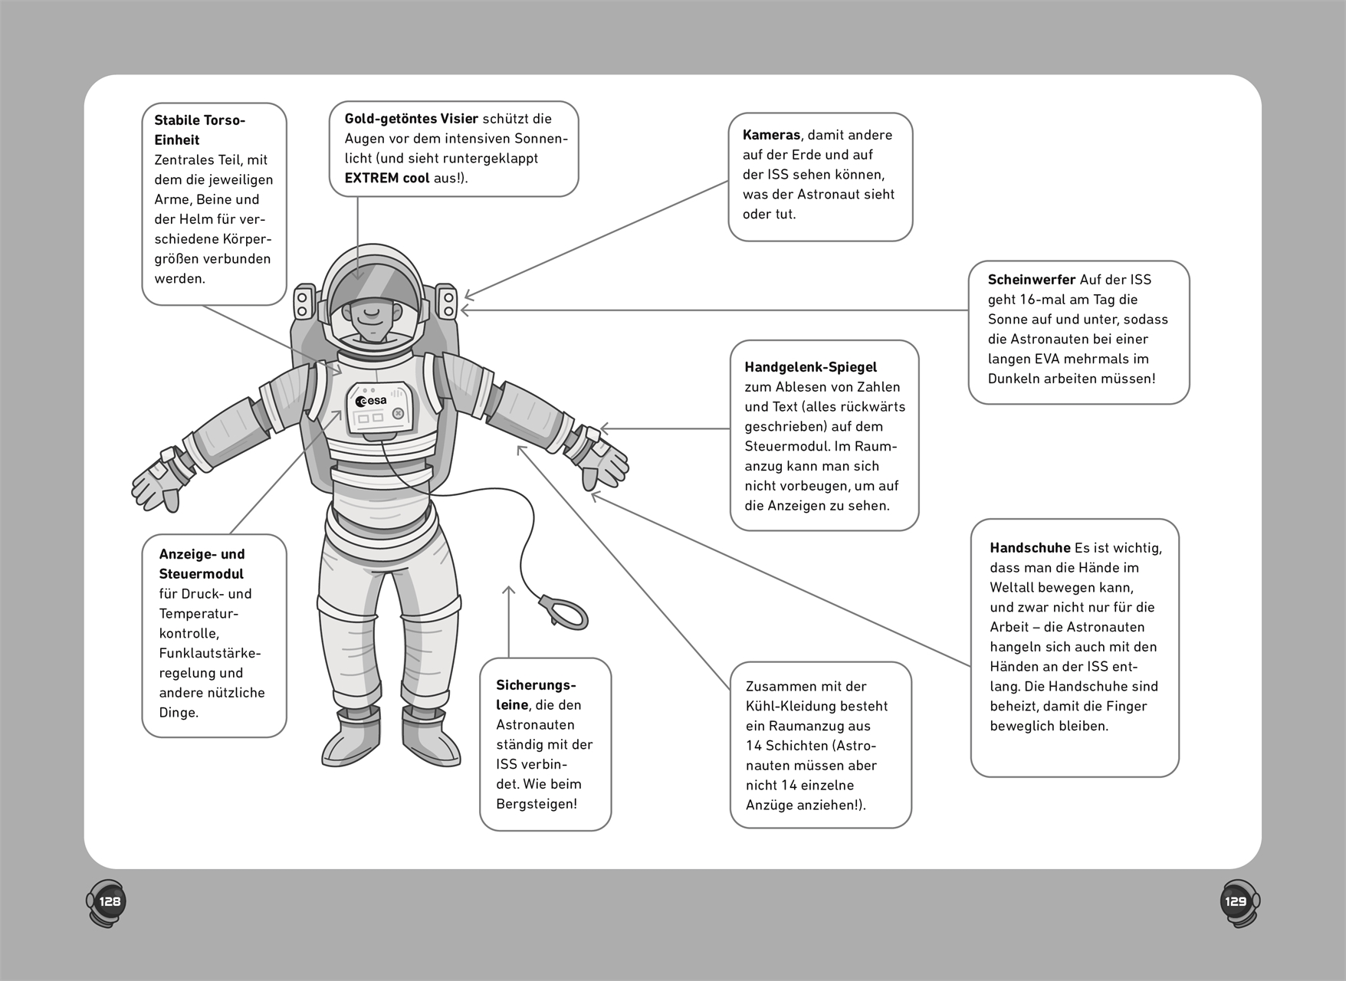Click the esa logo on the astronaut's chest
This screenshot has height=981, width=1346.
point(372,401)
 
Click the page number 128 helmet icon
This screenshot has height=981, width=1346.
point(107,902)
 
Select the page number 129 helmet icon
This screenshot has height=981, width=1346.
point(1238,902)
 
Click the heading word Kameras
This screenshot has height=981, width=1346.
point(771,135)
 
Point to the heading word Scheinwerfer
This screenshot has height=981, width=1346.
point(1031,280)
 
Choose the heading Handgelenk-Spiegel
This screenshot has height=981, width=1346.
point(810,367)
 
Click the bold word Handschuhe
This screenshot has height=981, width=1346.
point(1029,548)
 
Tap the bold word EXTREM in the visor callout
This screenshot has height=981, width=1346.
point(372,178)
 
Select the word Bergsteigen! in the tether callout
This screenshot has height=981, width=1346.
point(537,804)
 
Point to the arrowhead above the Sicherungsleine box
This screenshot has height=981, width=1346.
point(508,590)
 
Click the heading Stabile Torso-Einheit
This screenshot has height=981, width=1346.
point(199,130)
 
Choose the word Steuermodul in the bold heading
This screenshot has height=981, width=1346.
point(201,574)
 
